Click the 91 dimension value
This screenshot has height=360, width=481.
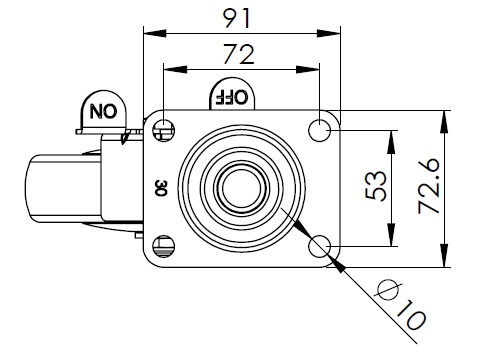tap(236, 18)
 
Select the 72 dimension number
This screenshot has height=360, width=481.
tap(239, 54)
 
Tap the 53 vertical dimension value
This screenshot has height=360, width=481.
tap(376, 186)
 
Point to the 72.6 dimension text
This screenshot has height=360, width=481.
tap(429, 186)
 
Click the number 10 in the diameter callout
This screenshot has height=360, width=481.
tap(411, 315)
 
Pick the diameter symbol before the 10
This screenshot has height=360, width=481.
tap(388, 289)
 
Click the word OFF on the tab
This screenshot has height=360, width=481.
tap(232, 97)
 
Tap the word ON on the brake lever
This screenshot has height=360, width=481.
tap(104, 111)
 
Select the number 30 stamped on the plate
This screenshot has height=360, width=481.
tap(161, 188)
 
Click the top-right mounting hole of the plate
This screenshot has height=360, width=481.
tap(319, 130)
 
